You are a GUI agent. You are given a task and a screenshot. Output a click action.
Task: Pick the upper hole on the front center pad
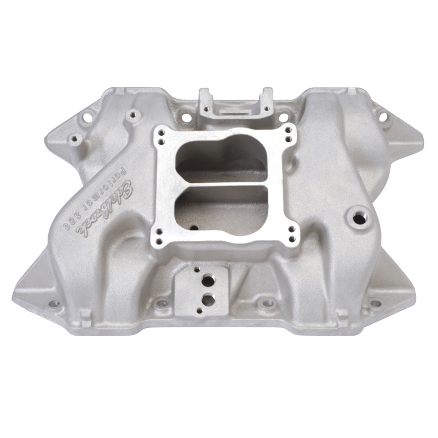coord(208,280)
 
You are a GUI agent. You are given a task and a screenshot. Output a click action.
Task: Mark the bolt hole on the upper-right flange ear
coord(383,116)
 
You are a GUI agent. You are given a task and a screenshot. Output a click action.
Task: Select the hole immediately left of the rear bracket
coord(186,117)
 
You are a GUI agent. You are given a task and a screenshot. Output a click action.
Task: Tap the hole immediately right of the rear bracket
coord(283,117)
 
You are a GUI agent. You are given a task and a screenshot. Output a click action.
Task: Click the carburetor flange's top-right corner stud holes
coord(287,132)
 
